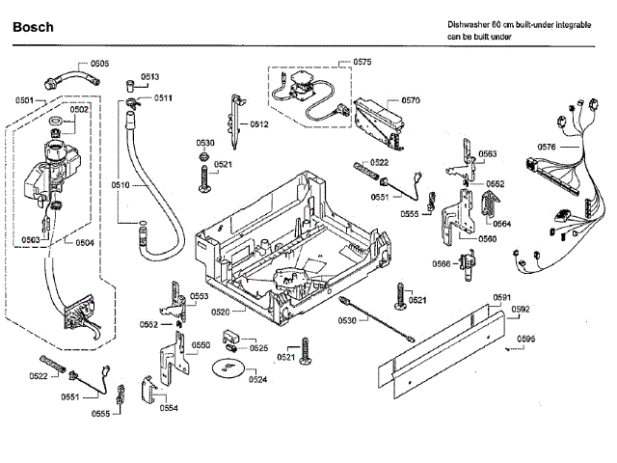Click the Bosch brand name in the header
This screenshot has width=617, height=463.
33,27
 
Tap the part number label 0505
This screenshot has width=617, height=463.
100,63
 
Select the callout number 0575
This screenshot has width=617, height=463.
362,62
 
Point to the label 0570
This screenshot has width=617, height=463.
411,100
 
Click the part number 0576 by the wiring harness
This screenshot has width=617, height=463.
547,147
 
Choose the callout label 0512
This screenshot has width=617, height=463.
258,124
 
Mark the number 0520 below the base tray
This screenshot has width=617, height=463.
221,313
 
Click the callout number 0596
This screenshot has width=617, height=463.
525,339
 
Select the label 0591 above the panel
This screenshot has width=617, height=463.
502,297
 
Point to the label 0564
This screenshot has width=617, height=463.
502,224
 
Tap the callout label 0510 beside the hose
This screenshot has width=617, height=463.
120,184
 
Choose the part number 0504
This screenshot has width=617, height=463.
85,242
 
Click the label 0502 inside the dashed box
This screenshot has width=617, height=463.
79,109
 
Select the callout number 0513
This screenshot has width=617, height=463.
150,76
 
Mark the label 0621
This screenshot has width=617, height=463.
417,300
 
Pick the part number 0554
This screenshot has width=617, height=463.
170,408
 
